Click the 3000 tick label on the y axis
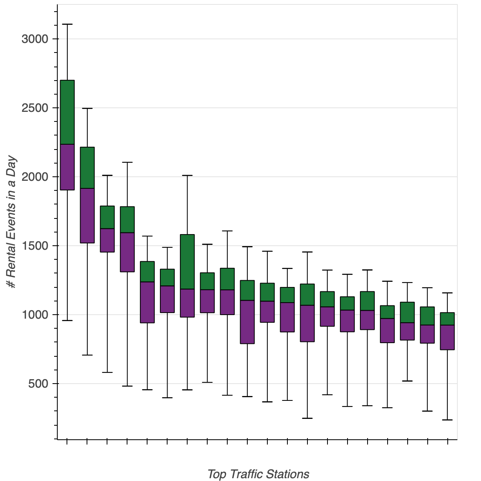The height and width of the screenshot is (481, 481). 34,39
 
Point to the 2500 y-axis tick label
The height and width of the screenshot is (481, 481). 34,108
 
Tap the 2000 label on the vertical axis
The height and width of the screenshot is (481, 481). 34,177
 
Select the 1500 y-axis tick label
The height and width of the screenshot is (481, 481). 34,246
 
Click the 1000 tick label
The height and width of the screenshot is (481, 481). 34,315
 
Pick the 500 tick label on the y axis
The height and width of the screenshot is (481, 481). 38,384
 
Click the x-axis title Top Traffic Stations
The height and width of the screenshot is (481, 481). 258,474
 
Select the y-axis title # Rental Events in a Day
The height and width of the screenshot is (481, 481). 12,222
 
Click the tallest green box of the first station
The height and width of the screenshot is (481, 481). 67,112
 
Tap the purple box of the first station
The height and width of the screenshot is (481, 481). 67,167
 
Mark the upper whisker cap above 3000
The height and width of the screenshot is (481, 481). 67,24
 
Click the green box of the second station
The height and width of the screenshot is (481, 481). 87,168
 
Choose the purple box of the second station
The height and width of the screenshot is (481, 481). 87,215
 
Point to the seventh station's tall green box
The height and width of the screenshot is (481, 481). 187,261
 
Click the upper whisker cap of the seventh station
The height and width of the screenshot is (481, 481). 187,175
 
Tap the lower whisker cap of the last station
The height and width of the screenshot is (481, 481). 447,420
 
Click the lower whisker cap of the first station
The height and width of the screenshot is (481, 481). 67,321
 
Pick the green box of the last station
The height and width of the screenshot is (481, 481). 447,319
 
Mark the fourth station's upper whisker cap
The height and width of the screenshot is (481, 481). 127,162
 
